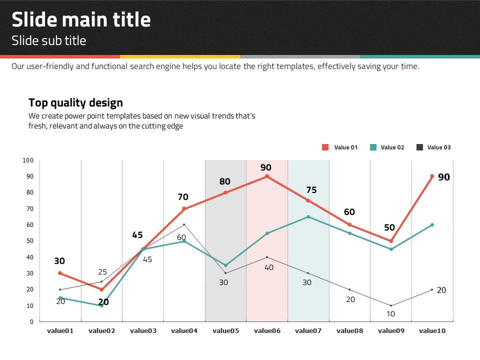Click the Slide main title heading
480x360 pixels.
click(x=81, y=20)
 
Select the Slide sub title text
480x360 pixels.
click(x=49, y=40)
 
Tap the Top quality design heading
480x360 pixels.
click(x=75, y=103)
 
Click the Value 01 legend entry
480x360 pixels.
click(x=340, y=147)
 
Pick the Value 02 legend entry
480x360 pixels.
click(x=386, y=147)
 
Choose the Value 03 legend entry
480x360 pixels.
click(x=433, y=147)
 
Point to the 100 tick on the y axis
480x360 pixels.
click(x=28, y=160)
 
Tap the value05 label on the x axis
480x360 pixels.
click(x=225, y=330)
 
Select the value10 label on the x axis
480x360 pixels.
click(x=432, y=330)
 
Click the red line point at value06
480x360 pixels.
click(x=267, y=176)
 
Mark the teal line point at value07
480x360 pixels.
click(x=308, y=216)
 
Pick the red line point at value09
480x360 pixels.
click(x=391, y=241)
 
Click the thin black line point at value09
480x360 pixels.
click(x=391, y=305)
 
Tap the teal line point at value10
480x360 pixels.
click(x=432, y=225)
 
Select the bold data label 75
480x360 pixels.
click(x=311, y=190)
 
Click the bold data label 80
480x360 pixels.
click(x=225, y=181)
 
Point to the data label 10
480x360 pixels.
click(x=391, y=314)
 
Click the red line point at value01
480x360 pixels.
click(x=60, y=273)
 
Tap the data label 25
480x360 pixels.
click(x=102, y=272)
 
